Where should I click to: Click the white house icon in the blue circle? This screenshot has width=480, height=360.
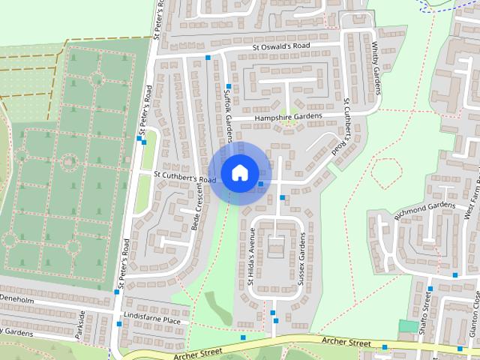click(238, 172)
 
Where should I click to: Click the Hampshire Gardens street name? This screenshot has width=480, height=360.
click(287, 117)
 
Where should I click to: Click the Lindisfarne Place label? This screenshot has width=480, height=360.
click(153, 320)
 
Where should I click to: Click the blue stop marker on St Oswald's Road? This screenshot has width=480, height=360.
click(208, 58)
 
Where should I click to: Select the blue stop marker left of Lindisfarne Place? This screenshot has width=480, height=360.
click(119, 324)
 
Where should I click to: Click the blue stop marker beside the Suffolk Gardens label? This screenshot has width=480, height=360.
click(228, 86)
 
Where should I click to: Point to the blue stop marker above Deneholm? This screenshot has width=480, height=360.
click(117, 292)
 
